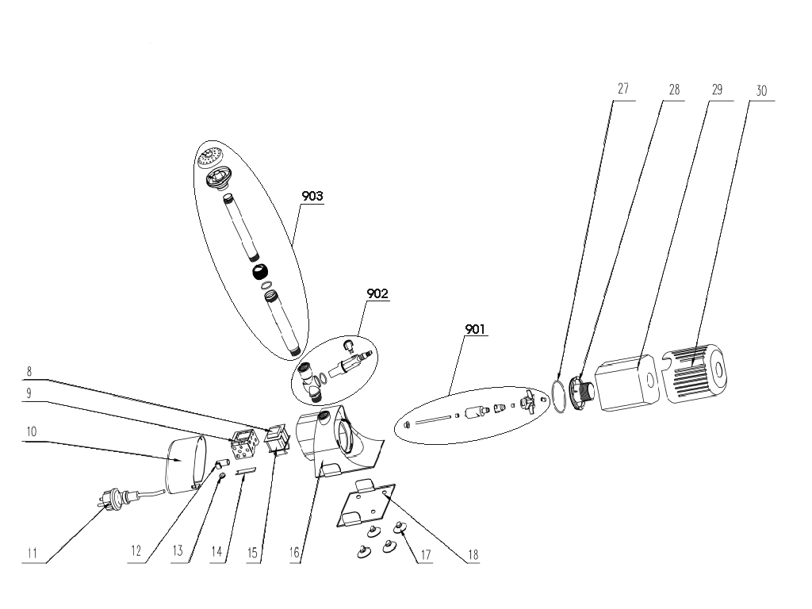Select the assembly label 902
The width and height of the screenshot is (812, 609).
(377, 293)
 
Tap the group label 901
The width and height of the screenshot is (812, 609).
(476, 328)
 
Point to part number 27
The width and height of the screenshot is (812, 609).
(622, 89)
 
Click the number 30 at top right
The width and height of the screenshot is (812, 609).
(760, 90)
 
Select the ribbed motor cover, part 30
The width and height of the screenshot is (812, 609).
(698, 372)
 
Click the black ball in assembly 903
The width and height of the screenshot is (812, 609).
(259, 272)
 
